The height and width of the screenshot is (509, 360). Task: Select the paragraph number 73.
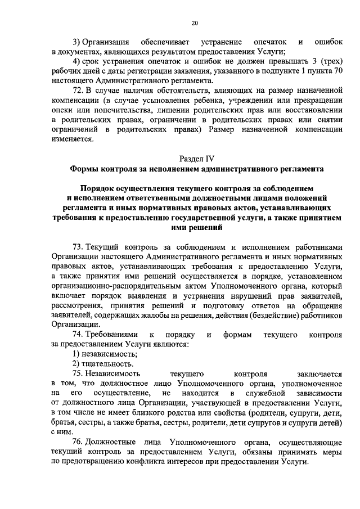[78, 247]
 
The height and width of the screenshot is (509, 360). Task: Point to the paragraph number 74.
[78, 335]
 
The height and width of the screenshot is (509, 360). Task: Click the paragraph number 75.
[78, 373]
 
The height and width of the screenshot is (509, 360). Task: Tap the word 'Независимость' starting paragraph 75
[116, 373]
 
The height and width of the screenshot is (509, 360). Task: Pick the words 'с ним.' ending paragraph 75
[60, 432]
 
